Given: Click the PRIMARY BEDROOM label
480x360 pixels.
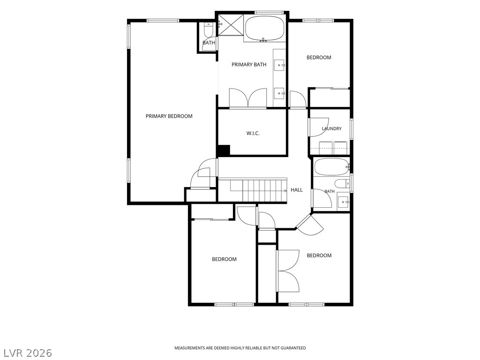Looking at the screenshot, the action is point(169,116).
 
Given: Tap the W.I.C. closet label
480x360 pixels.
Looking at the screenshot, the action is point(253,133).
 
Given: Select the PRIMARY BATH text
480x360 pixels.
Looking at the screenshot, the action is point(249,64).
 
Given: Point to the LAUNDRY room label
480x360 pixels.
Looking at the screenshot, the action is point(331,128).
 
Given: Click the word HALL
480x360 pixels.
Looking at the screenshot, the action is point(297,190).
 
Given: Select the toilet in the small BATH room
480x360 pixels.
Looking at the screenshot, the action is point(209,30).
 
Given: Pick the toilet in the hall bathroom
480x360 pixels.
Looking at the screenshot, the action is point(342,184).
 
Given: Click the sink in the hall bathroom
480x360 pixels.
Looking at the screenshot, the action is point(343,202).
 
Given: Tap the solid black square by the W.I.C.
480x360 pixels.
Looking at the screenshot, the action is point(223,150).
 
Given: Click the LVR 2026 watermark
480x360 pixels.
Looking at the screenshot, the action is point(26,353).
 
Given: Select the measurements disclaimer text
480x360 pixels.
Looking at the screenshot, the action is point(240,348).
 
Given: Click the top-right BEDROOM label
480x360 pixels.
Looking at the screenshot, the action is point(319,57).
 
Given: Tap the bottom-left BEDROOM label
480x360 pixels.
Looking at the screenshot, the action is point(224,259).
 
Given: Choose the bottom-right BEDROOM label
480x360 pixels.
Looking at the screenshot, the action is point(319,255).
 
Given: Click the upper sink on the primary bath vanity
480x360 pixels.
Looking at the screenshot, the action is point(279,65).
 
